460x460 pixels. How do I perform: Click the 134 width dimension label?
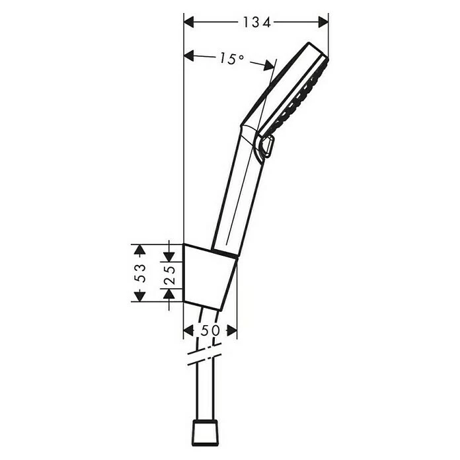click(x=256, y=22)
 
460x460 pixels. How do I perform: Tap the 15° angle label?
click(x=231, y=59)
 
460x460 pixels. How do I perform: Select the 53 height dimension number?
click(x=139, y=272)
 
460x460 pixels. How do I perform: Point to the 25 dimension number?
click(x=169, y=272)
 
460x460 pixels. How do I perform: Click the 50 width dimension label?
click(x=210, y=330)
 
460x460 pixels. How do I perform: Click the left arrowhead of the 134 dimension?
click(x=189, y=22)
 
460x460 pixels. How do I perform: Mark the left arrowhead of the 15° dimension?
click(x=189, y=56)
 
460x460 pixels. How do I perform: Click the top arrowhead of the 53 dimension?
click(x=139, y=249)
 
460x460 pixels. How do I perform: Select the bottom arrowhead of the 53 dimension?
click(x=139, y=296)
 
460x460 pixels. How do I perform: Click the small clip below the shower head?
click(x=267, y=147)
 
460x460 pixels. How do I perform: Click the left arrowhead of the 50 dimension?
click(x=188, y=330)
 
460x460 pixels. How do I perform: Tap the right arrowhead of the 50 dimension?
click(x=231, y=330)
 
